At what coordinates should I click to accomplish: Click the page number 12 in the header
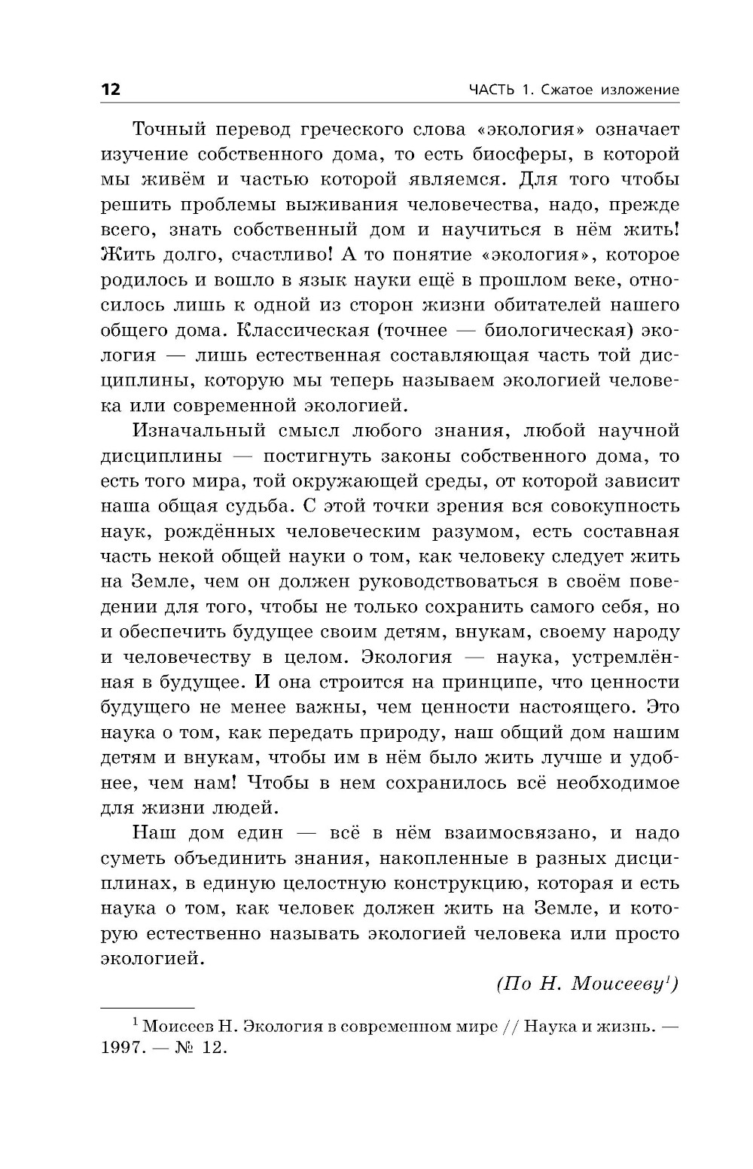[110, 90]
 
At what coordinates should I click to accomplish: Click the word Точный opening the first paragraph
[169, 129]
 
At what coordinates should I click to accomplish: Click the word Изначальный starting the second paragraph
[199, 431]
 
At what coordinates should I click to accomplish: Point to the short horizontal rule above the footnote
[148, 1008]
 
